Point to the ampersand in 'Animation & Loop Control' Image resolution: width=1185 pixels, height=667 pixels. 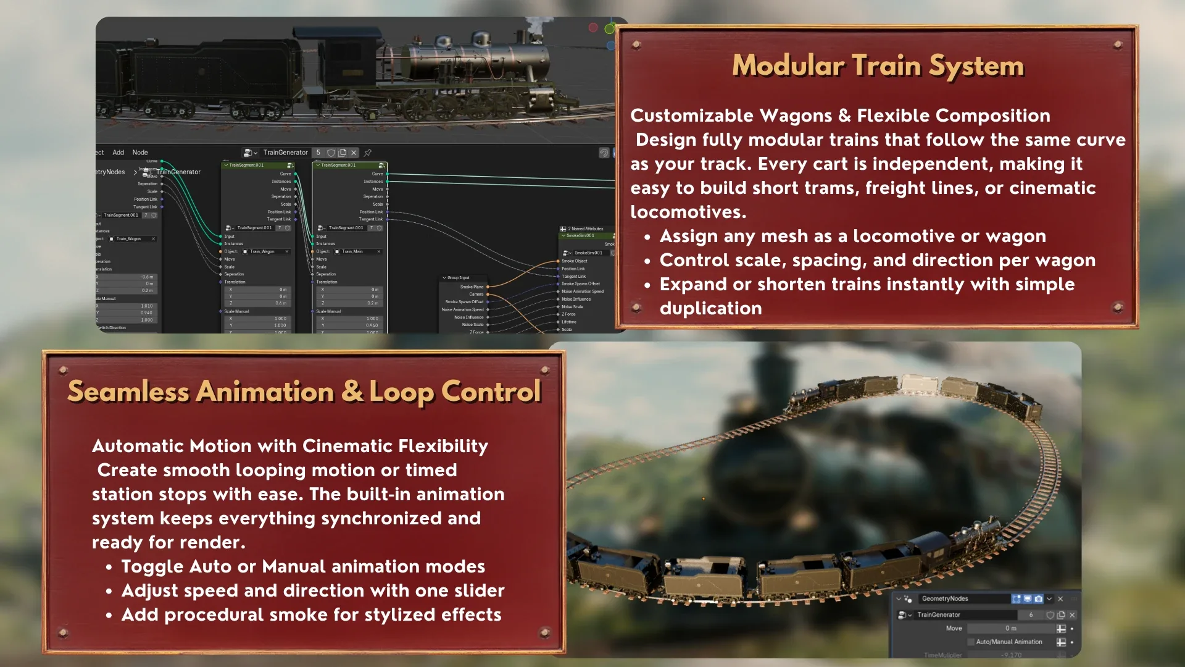coord(352,392)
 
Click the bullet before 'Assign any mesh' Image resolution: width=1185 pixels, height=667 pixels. coord(647,238)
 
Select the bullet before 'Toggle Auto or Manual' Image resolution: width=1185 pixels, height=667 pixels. coord(109,568)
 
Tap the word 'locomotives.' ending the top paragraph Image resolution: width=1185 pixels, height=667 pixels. coord(688,212)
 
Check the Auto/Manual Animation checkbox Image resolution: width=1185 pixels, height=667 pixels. coord(971,642)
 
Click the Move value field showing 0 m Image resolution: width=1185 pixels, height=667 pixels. coord(1010,629)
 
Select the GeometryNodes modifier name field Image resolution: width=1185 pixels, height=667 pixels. coord(963,599)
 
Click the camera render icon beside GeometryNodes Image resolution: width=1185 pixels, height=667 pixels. coord(1039,599)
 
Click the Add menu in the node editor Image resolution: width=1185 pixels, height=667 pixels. coord(118,153)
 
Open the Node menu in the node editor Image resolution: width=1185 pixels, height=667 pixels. coord(140,153)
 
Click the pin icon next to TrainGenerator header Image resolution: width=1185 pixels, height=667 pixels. coord(368,153)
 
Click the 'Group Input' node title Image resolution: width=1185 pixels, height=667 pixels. coord(458,278)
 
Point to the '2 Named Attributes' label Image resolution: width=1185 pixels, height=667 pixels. coord(585,229)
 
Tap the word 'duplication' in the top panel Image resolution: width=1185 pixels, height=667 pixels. coord(710,309)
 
